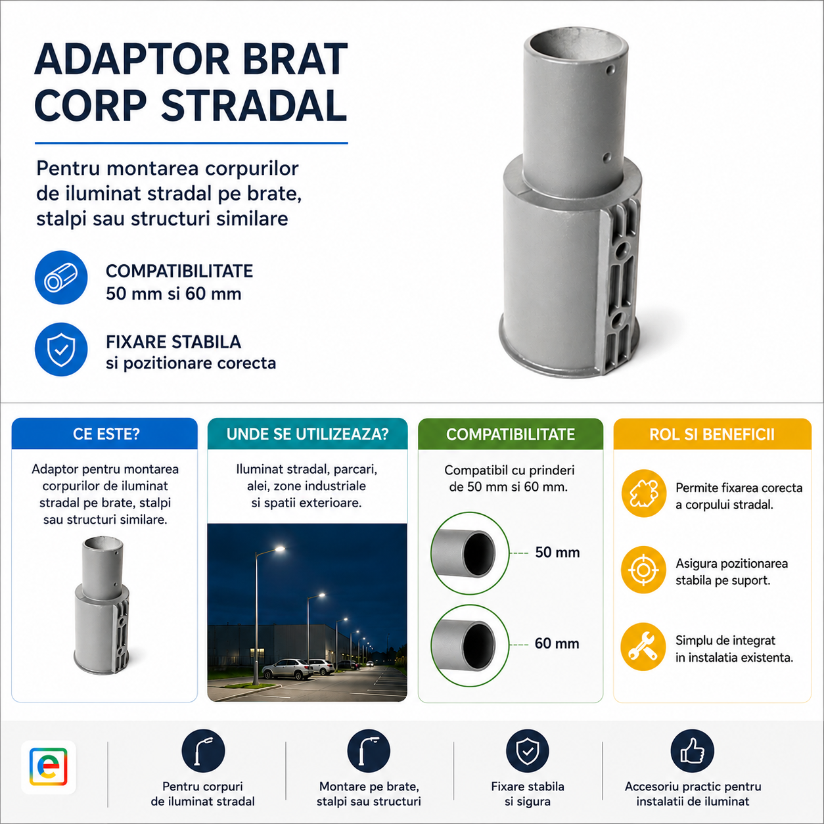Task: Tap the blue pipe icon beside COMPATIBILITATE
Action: point(61,277)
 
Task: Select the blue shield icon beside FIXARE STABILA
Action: point(61,350)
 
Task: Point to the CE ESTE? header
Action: point(106,434)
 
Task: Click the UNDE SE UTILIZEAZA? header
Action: point(308,434)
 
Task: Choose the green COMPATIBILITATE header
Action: point(511,434)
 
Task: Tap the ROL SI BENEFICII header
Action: point(712,434)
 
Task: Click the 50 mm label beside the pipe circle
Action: point(557,553)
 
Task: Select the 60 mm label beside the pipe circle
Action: point(557,643)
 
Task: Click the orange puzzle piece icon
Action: point(644,493)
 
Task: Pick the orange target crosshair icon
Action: point(643,570)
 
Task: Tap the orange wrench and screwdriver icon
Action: point(643,647)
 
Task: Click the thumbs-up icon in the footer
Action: point(693,751)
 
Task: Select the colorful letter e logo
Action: point(49,767)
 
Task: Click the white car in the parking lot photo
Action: point(287,669)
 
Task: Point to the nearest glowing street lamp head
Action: point(279,549)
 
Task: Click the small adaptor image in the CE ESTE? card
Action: point(103,606)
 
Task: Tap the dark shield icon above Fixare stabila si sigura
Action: point(527,751)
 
